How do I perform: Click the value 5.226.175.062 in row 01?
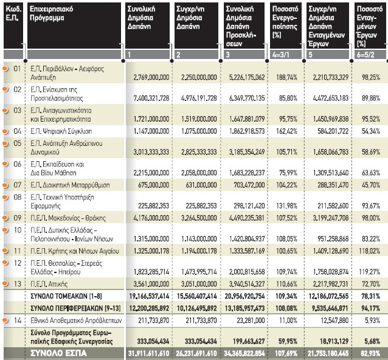point(247,77)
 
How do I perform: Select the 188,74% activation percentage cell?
point(286,77)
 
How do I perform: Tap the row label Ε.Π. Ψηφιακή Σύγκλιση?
point(61,131)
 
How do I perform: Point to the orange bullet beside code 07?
point(5,185)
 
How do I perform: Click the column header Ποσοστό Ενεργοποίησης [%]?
point(285,22)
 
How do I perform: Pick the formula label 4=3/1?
point(280,55)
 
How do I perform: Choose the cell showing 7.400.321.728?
point(151,99)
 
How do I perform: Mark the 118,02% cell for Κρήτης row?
point(369,251)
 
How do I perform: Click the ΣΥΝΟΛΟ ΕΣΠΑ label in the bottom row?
point(58,353)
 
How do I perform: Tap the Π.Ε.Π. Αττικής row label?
point(49,284)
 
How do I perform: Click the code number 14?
point(18,320)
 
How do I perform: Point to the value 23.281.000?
point(251,320)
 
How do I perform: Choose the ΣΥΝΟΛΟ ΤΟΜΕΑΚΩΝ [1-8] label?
point(66,296)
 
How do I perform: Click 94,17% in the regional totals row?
point(370,308)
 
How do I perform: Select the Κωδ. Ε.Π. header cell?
point(13,13)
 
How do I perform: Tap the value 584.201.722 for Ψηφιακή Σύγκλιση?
point(333,131)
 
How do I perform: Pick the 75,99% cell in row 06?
point(288,173)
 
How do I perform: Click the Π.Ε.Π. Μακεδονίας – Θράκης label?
point(68,218)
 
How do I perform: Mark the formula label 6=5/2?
point(365,55)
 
